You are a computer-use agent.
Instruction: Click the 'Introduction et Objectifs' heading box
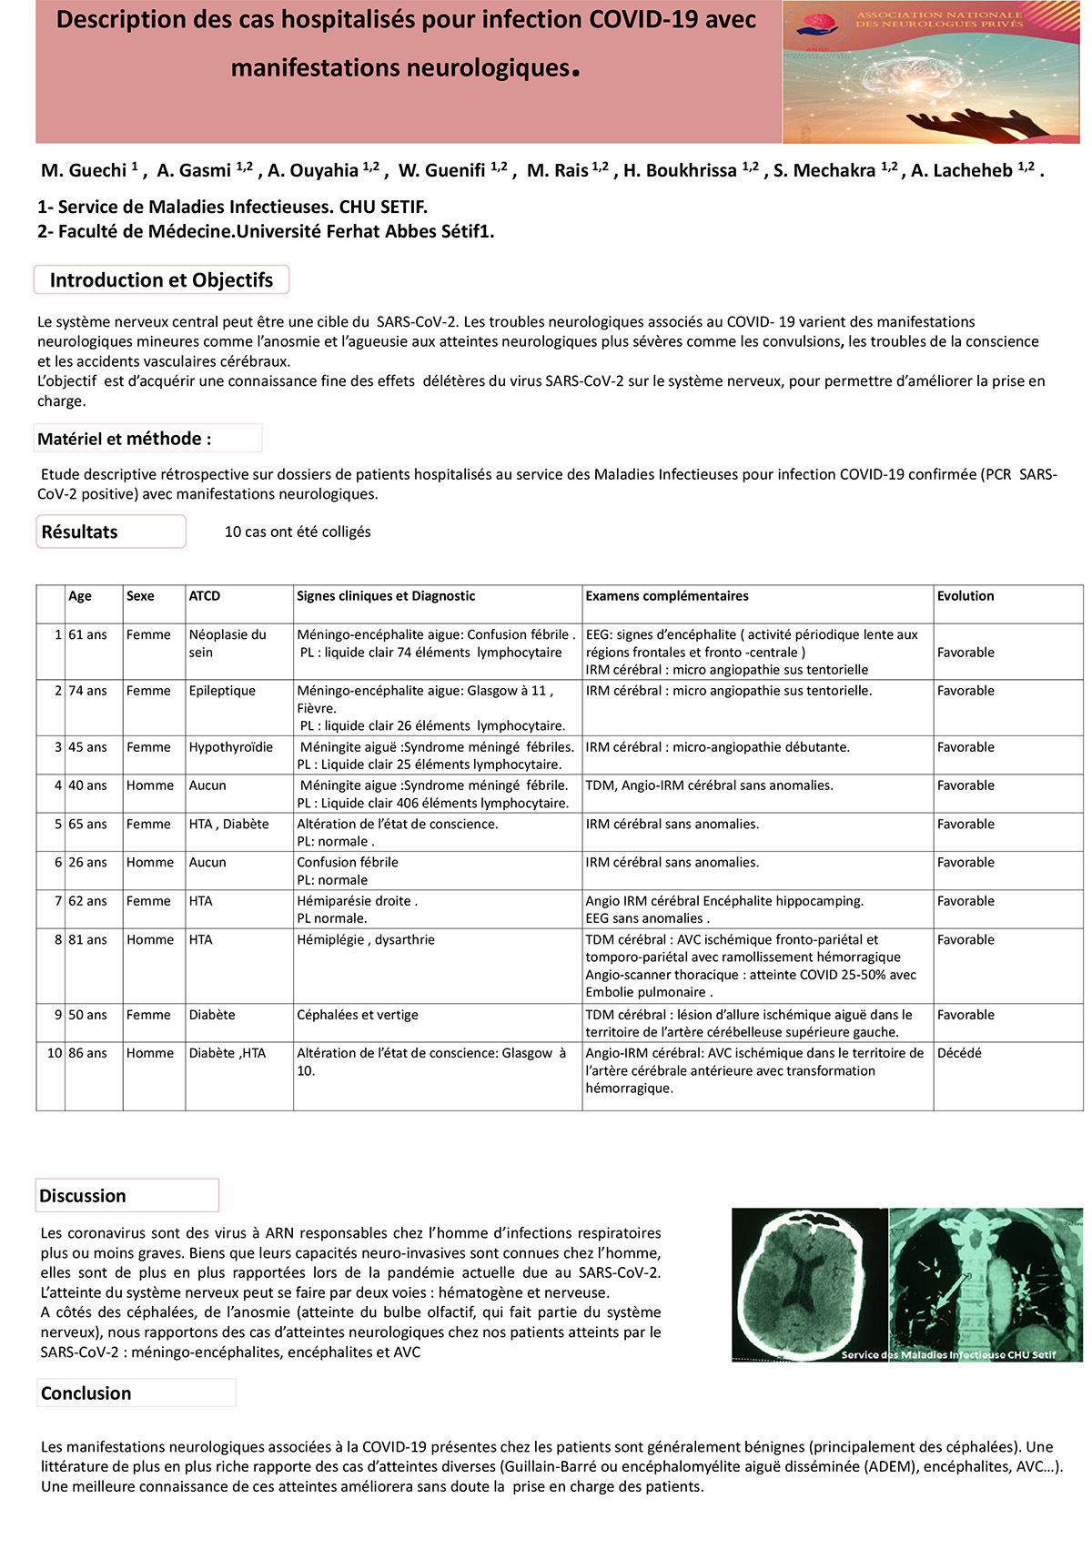(161, 280)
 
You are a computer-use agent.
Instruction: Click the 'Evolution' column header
(966, 596)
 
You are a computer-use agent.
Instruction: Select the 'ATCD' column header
(205, 596)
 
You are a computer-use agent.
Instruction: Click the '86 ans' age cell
(87, 1053)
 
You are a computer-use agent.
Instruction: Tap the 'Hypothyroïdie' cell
(231, 747)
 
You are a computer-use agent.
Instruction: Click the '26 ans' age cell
(87, 862)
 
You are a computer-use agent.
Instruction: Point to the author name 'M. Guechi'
(84, 171)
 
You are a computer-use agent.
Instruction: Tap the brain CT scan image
(809, 1283)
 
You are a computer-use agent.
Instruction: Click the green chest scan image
(986, 1283)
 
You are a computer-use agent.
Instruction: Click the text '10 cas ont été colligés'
(298, 532)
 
